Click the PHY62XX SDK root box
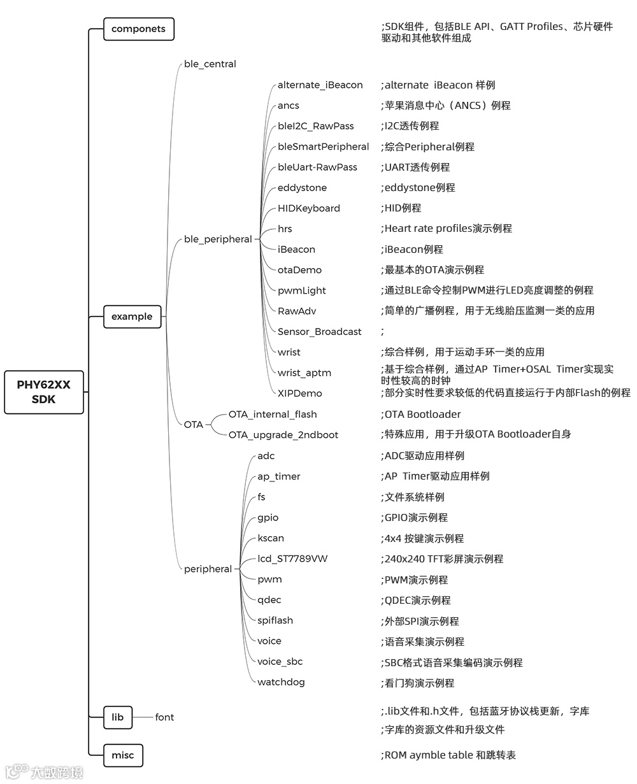44,392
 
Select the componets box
138,29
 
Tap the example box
132,317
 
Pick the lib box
118,717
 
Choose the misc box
123,755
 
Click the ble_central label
210,64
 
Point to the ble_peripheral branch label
218,239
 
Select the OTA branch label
194,425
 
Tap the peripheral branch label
208,569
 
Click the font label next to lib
164,717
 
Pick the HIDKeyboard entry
309,208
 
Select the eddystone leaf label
302,188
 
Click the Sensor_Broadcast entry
319,332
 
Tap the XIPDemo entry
299,394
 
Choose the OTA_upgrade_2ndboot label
283,435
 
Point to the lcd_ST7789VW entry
292,559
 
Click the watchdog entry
281,682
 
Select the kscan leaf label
271,538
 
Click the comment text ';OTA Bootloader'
420,415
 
